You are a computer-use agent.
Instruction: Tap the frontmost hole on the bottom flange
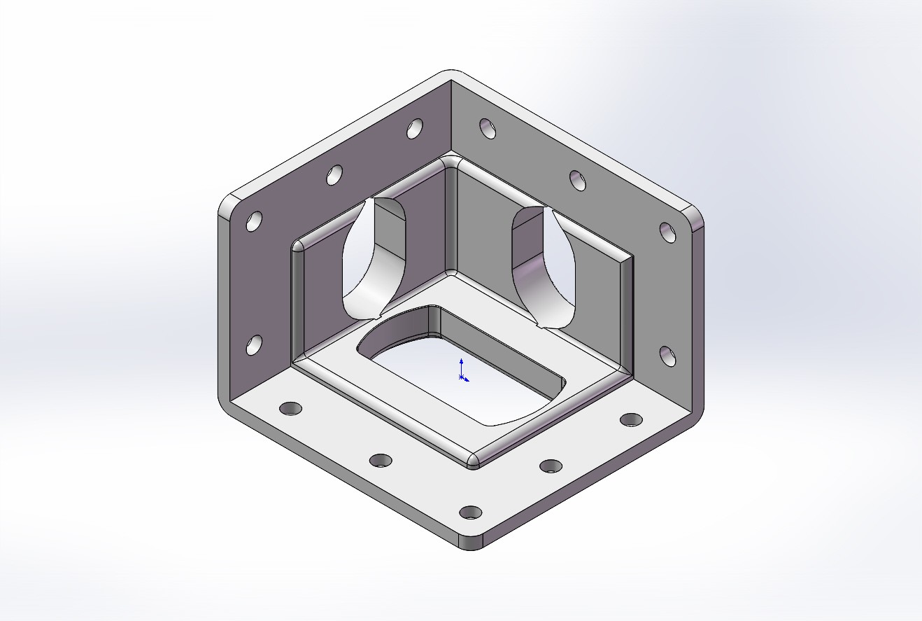471,512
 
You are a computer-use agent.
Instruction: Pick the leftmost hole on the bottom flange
290,408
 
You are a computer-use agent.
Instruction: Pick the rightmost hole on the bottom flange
632,419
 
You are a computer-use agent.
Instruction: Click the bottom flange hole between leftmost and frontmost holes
381,460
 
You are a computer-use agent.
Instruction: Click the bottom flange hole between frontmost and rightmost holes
551,466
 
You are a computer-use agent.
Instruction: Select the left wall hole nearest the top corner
415,128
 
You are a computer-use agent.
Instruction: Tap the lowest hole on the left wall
254,344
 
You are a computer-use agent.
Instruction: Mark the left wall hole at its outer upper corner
255,221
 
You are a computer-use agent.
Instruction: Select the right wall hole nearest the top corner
488,128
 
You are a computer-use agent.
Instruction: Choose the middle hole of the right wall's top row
578,180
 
